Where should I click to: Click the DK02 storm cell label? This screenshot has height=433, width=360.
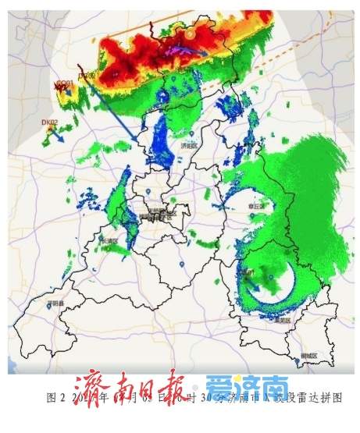point(50,122)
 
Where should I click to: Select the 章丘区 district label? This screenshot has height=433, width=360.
point(255,205)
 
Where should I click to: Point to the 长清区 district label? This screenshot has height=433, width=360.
point(109,241)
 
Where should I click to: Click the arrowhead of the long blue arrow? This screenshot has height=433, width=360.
point(137,139)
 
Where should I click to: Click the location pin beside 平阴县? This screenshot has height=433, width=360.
point(49,306)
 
